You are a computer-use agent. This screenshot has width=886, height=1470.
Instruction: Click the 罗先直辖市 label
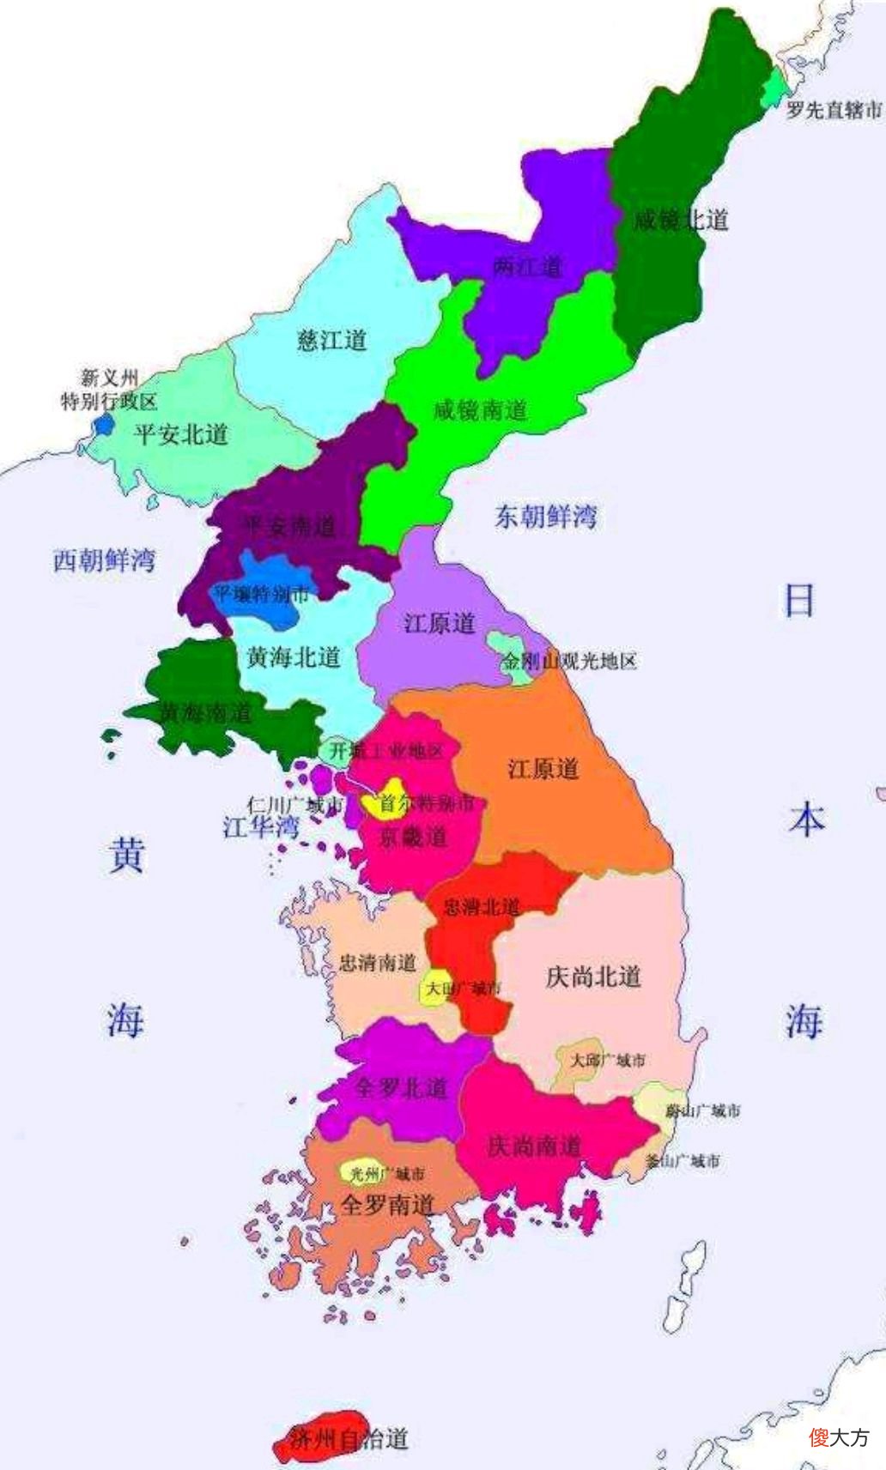pyautogui.click(x=834, y=110)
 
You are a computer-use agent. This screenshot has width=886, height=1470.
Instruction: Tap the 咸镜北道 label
pyautogui.click(x=680, y=220)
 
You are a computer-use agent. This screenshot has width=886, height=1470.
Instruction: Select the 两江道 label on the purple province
pyautogui.click(x=527, y=267)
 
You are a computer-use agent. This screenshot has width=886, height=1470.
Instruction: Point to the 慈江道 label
pyautogui.click(x=331, y=340)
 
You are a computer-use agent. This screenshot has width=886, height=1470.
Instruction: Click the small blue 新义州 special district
pyautogui.click(x=104, y=424)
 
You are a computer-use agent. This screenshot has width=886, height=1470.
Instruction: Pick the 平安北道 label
pyautogui.click(x=181, y=434)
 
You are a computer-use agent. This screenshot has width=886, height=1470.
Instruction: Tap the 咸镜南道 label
pyautogui.click(x=480, y=410)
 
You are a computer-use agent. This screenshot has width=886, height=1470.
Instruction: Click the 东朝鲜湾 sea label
pyautogui.click(x=545, y=516)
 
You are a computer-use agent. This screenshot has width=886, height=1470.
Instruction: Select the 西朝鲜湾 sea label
pyautogui.click(x=104, y=560)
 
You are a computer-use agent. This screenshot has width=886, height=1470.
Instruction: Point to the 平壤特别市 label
pyautogui.click(x=261, y=593)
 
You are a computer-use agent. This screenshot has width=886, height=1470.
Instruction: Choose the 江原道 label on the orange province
pyautogui.click(x=543, y=768)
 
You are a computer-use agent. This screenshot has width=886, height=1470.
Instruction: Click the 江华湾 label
pyautogui.click(x=261, y=827)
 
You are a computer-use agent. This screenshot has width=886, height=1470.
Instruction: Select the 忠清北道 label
pyautogui.click(x=481, y=906)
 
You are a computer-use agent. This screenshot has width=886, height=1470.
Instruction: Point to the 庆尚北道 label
pyautogui.click(x=593, y=977)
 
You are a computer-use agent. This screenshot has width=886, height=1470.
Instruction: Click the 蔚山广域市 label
pyautogui.click(x=702, y=1110)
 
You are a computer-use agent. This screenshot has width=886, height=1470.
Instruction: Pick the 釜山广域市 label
pyautogui.click(x=683, y=1161)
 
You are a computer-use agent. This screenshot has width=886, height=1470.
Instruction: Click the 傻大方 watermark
pyautogui.click(x=839, y=1437)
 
